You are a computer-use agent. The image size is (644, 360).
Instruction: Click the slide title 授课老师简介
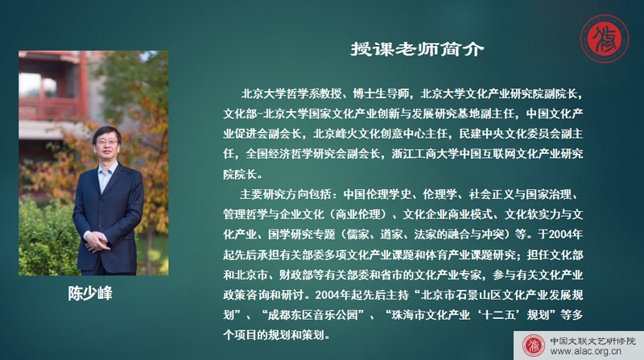[x=417, y=49]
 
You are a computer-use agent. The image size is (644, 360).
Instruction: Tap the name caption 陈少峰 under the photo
[x=90, y=293]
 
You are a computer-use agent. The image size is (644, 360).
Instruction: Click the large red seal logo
[x=605, y=39]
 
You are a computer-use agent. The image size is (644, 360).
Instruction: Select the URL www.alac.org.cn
[x=586, y=351]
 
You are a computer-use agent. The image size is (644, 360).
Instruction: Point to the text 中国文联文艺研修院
[x=592, y=341]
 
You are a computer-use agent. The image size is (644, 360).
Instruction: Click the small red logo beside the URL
[x=534, y=346]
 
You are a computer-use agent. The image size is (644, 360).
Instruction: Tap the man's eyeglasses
[x=107, y=143]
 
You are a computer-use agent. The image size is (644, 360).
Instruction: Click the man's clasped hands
[x=97, y=242]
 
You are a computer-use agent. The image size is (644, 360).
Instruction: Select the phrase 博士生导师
[x=381, y=93]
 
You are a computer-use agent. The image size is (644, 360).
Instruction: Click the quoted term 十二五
[x=498, y=315]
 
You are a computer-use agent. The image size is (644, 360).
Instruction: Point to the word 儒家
[x=357, y=234]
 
